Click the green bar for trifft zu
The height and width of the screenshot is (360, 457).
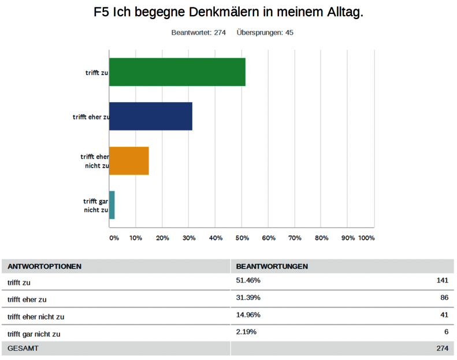coord(177,72)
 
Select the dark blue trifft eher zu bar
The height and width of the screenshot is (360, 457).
coord(150,116)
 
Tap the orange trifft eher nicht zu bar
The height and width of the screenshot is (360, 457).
coord(129,161)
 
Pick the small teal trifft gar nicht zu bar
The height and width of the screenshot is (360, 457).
coord(112,205)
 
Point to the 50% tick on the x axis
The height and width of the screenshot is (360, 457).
coord(241,237)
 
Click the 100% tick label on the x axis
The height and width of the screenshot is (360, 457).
coord(366,237)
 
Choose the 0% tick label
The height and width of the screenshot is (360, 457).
coord(114,237)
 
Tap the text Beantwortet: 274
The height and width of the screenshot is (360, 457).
coord(198,32)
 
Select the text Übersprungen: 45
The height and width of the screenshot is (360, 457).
coord(265,32)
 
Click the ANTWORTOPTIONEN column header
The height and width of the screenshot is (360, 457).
coord(44,266)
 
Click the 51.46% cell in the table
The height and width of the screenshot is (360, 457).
coord(248,281)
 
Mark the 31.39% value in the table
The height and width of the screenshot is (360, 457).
coord(248,298)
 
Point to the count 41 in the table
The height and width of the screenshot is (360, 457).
coord(444,315)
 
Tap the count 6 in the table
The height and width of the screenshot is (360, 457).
coord(446,332)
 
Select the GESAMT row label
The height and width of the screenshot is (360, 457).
coord(23,348)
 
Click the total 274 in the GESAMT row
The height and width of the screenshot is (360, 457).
coord(441,348)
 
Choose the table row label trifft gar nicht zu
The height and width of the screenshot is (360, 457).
coord(34,334)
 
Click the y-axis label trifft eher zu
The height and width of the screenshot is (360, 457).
coord(91,117)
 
